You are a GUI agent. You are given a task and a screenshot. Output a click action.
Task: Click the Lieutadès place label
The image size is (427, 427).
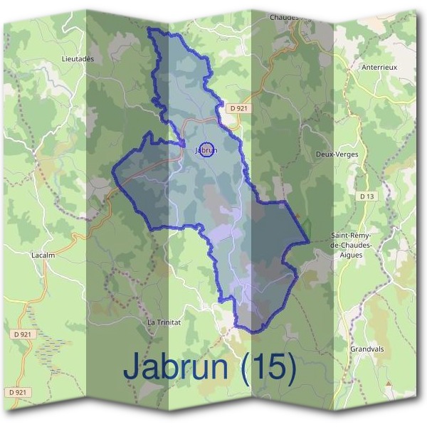78,58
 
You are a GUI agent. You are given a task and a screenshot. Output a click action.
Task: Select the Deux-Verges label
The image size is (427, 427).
337,154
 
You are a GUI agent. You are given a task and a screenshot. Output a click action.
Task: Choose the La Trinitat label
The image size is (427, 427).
164,322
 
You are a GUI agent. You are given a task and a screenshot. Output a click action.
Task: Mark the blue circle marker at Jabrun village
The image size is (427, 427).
206,150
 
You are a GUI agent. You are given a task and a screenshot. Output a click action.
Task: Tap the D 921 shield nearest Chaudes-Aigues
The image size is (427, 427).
238,108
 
